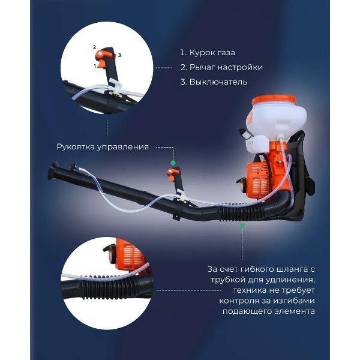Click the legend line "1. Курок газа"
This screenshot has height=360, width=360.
pyautogui.click(x=208, y=53)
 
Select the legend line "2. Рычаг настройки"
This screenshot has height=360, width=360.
pyautogui.click(x=221, y=67)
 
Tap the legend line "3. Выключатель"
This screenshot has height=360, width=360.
pyautogui.click(x=214, y=82)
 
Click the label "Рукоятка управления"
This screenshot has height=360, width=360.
pyautogui.click(x=103, y=147)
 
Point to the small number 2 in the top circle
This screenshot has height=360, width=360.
pyautogui.click(x=94, y=47)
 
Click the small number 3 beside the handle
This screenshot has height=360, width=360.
pyautogui.click(x=119, y=55)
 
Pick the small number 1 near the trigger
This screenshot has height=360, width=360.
pyautogui.click(x=95, y=66)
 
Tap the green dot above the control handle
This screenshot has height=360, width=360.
pyautogui.click(x=173, y=163)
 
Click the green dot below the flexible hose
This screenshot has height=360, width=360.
pyautogui.click(x=242, y=226)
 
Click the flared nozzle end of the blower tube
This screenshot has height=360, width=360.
pyautogui.click(x=53, y=171)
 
